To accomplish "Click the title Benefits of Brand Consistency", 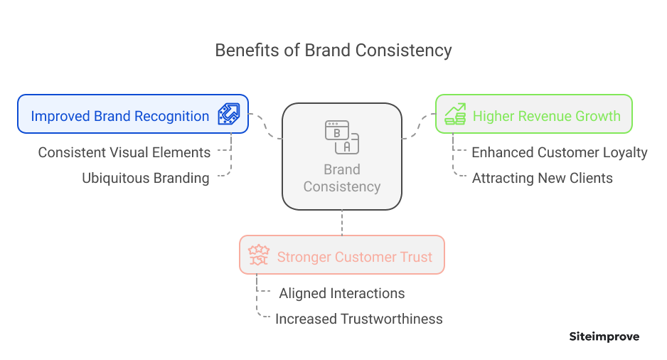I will (x=333, y=51).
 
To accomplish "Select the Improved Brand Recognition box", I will (x=133, y=114).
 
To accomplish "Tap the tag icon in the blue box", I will (x=228, y=115).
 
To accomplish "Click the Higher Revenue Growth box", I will (x=533, y=114).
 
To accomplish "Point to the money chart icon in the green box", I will (x=455, y=115).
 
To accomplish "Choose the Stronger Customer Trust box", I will (x=341, y=255).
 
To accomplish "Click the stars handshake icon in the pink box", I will (x=257, y=255).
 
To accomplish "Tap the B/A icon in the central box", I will (x=341, y=137).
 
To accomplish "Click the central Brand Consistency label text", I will (x=341, y=179).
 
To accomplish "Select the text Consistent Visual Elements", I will (x=124, y=152).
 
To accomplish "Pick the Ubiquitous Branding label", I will (x=146, y=178).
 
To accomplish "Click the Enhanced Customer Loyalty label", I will (x=560, y=152).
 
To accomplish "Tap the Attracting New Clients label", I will (x=543, y=178).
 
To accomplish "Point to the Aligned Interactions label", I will (x=342, y=293).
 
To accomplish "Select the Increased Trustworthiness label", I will (x=359, y=319).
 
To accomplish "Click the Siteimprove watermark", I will (x=604, y=337).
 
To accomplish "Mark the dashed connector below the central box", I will (x=342, y=222).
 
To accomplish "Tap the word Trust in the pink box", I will (x=416, y=257).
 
